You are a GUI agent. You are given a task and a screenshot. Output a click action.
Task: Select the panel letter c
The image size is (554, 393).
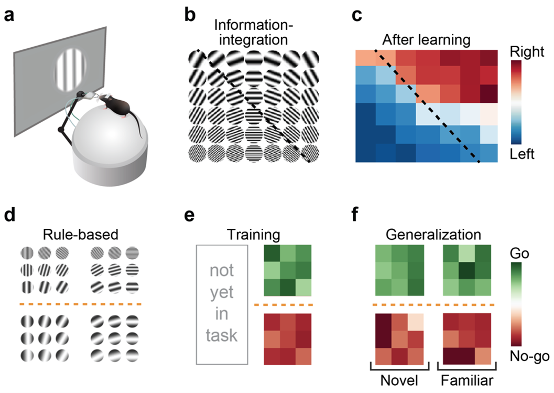coord(356,16)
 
